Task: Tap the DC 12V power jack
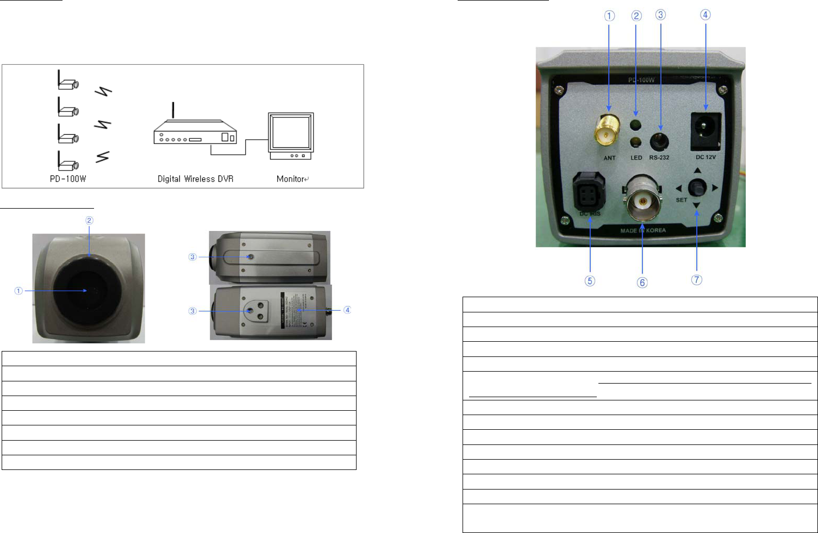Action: pos(705,130)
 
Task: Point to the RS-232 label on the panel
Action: pos(659,158)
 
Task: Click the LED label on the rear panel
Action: pos(636,158)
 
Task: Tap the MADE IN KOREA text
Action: pos(643,231)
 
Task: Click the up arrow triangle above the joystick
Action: pos(697,171)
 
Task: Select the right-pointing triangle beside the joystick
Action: pos(715,187)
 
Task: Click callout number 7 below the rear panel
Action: pos(697,280)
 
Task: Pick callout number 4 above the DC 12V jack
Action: pos(705,15)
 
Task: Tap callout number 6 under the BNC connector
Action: pos(642,283)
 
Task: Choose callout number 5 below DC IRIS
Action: pos(590,281)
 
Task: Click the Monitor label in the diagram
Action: pos(291,179)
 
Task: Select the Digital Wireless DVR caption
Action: pos(195,179)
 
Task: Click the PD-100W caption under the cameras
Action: pos(68,179)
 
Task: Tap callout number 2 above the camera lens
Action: pos(89,220)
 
